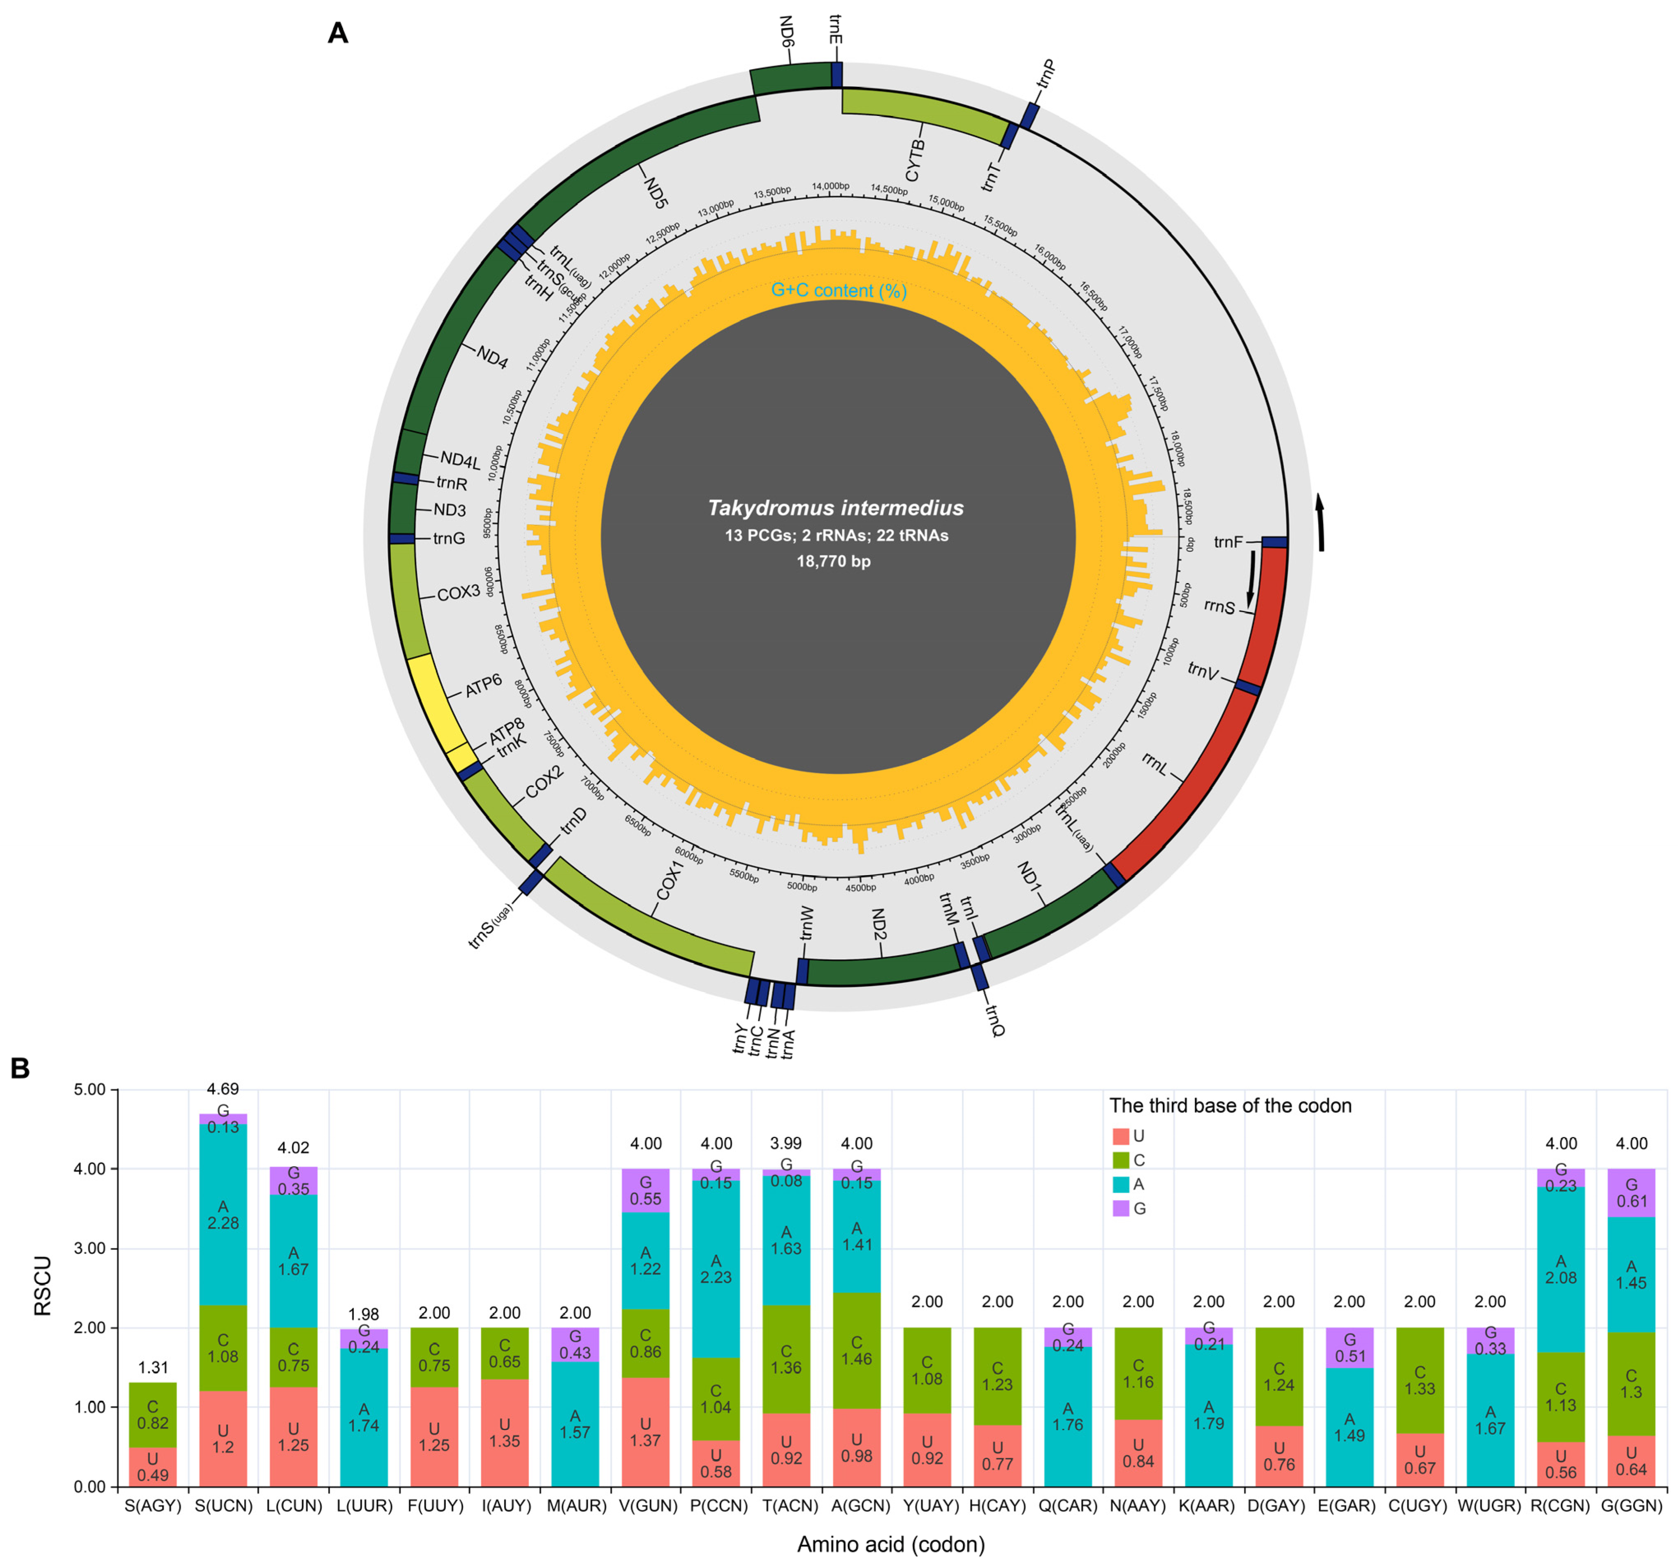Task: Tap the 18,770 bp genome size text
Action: pyautogui.click(x=834, y=561)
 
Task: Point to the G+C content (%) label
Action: pyautogui.click(x=839, y=290)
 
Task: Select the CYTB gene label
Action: pyautogui.click(x=915, y=160)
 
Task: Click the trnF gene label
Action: pyautogui.click(x=1228, y=542)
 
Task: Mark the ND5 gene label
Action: pyautogui.click(x=656, y=192)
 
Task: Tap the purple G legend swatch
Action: pyautogui.click(x=1121, y=1209)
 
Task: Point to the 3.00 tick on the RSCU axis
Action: pyautogui.click(x=88, y=1248)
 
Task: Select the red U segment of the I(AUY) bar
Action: pyautogui.click(x=505, y=1432)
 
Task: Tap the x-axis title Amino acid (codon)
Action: pyautogui.click(x=890, y=1544)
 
